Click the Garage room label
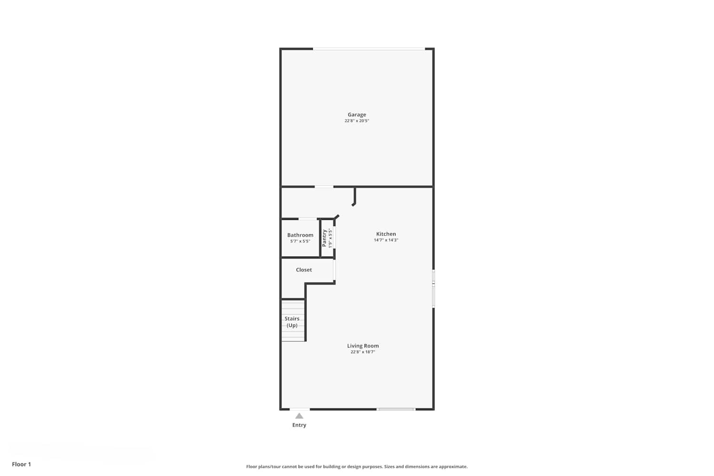357,114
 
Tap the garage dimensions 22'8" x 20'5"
357,121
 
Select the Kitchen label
386,234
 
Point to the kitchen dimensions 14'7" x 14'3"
386,240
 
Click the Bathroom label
300,235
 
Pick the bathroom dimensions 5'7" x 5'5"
300,241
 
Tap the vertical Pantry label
324,238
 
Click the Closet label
304,270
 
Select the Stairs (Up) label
292,322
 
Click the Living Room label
363,346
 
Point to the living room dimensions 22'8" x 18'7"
363,352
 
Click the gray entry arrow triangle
299,416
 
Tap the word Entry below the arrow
299,425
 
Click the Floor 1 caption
21,464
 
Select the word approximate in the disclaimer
453,466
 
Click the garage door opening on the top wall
369,49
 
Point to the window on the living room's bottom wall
396,409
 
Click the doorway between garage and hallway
324,187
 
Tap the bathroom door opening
307,219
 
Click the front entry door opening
299,409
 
